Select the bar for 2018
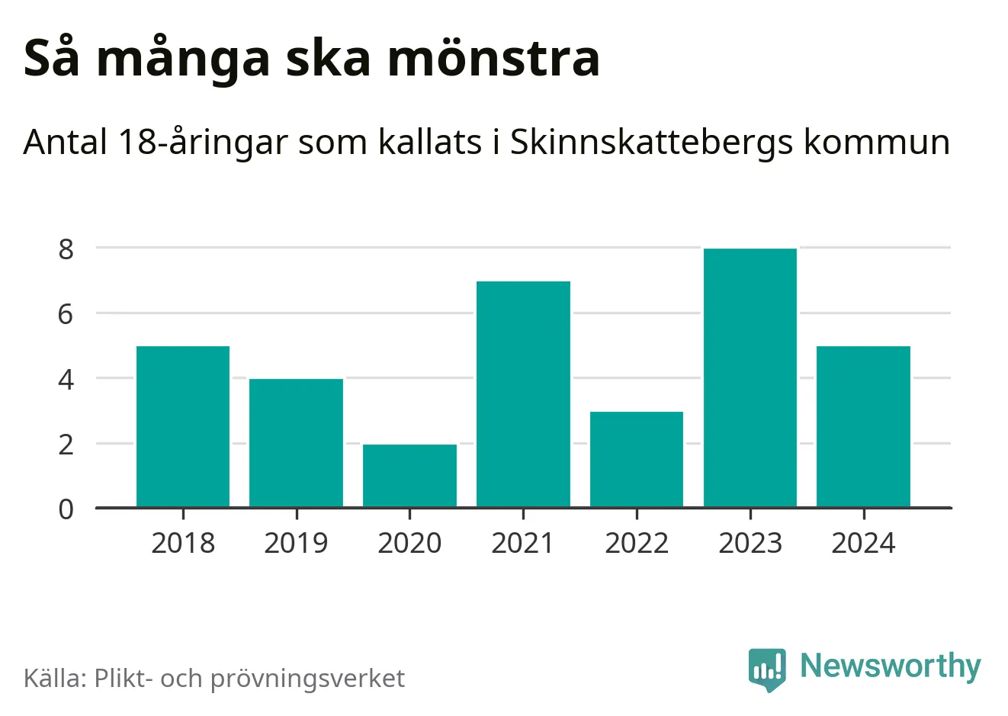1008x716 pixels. (x=183, y=426)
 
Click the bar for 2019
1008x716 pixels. (x=296, y=443)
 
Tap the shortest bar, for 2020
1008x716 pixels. (x=409, y=476)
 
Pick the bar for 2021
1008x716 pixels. (x=523, y=394)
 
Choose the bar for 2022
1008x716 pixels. (x=637, y=459)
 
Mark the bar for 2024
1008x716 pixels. (x=863, y=426)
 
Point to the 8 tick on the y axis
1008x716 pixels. (x=66, y=249)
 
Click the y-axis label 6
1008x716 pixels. (x=66, y=313)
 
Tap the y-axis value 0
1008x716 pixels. (x=66, y=509)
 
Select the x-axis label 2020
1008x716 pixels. (x=409, y=543)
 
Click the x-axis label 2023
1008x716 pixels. (x=750, y=543)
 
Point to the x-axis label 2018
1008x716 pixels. (x=183, y=543)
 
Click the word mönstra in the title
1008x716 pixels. (x=494, y=59)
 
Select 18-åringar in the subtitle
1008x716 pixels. (x=204, y=143)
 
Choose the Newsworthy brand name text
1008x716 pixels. (x=890, y=666)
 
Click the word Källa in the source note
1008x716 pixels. (x=56, y=678)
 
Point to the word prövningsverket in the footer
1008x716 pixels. (x=307, y=679)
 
